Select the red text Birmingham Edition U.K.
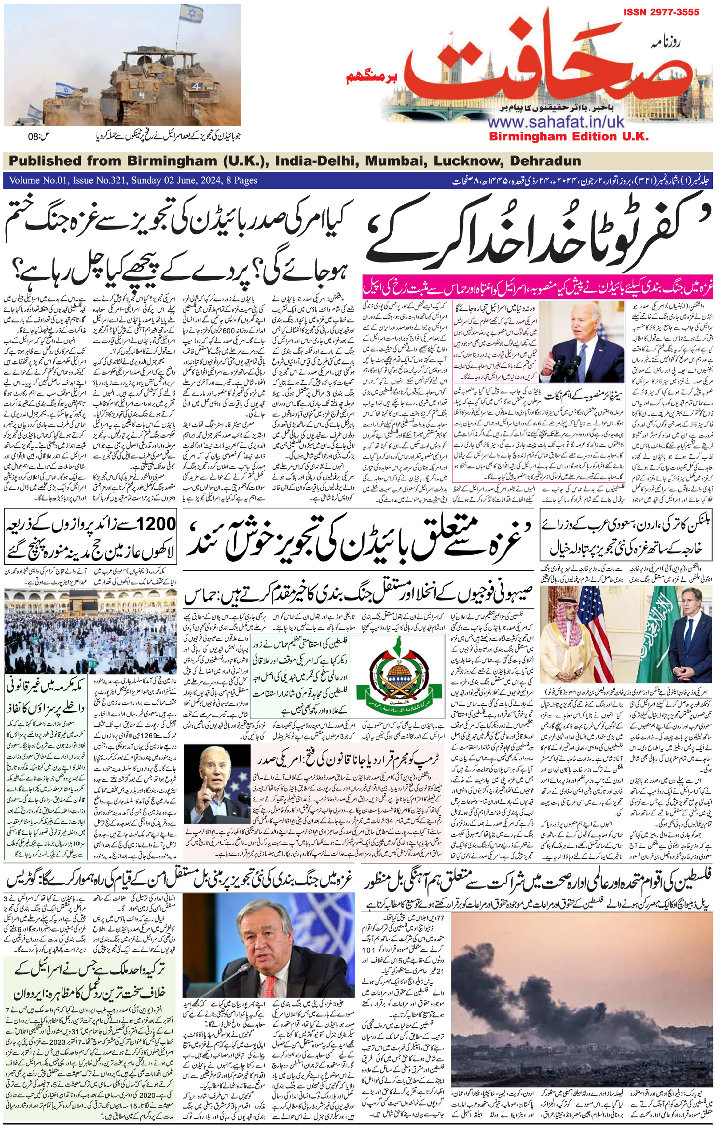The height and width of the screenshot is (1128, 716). click(x=569, y=137)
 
